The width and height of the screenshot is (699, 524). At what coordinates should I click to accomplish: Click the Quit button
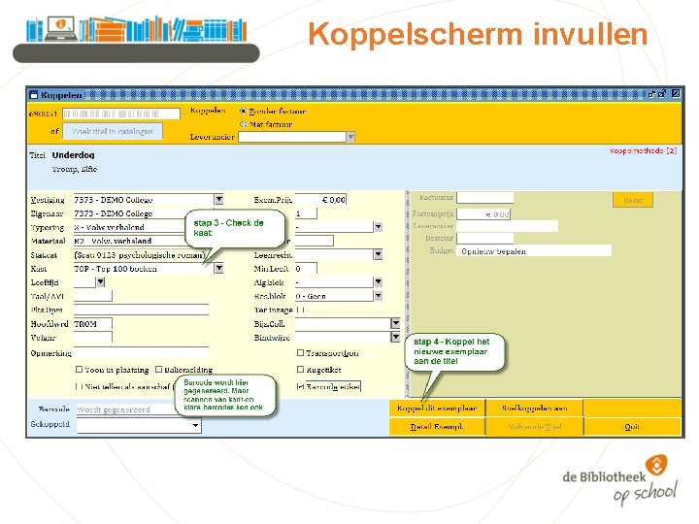coord(631,426)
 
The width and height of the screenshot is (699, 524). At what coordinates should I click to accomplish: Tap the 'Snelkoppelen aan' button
coord(534,409)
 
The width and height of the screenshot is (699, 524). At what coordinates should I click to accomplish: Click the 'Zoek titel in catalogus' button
coord(114,131)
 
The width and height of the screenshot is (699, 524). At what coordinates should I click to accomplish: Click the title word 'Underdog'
coord(73,155)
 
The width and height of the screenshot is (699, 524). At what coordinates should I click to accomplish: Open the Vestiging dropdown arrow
coord(218,199)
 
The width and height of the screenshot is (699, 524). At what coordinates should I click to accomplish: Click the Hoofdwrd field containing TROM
coord(92,324)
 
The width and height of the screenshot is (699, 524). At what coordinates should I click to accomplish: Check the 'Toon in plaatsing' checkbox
coord(80,370)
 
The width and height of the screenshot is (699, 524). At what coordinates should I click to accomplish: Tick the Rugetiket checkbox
coord(301,370)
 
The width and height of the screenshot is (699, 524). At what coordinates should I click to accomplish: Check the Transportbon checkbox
coord(301,353)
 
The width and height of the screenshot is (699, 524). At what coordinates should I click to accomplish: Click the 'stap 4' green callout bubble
coord(454,351)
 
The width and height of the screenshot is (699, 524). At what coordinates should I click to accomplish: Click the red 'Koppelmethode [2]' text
coord(643,150)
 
